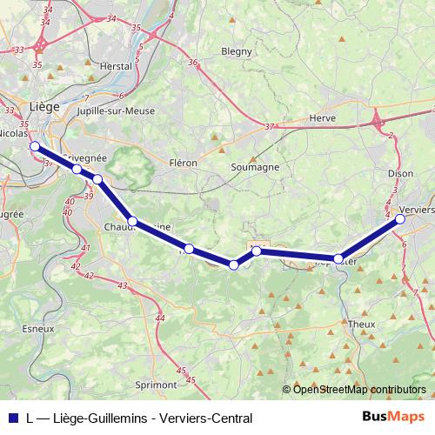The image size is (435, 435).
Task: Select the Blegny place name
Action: click(236, 51)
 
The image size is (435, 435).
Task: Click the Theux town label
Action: click(360, 323)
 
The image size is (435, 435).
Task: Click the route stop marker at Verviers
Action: click(400, 220)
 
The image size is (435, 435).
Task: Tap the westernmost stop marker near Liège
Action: click(35, 147)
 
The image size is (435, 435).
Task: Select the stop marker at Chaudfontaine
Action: click(132, 222)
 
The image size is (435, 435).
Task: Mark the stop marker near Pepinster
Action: click(338, 258)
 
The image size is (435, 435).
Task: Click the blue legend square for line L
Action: click(11, 418)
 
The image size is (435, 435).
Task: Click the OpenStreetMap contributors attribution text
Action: click(359, 389)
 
